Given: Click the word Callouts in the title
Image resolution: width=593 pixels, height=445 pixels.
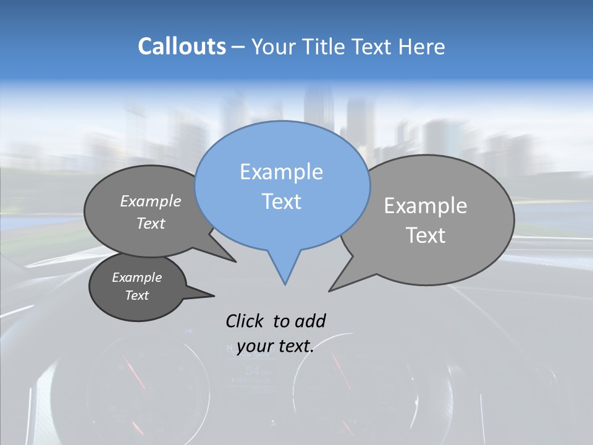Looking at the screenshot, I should (x=182, y=46).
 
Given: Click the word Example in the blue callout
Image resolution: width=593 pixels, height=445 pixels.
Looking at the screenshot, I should (x=281, y=172).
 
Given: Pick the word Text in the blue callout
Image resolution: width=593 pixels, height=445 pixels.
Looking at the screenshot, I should (x=282, y=201).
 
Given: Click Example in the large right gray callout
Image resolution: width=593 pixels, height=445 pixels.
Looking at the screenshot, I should (x=426, y=206).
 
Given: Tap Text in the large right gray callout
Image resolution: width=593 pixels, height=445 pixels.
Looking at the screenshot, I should (x=426, y=235).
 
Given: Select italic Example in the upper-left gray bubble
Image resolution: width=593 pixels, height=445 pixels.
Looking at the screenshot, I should (x=151, y=201).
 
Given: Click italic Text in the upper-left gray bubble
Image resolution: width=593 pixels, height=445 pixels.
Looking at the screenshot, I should (x=151, y=223).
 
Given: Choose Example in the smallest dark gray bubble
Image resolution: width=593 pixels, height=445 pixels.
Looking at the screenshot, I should (x=137, y=278).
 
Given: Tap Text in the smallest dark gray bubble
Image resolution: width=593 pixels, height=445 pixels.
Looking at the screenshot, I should (x=137, y=295).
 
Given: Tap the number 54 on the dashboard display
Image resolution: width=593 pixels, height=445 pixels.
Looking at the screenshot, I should (x=253, y=371).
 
